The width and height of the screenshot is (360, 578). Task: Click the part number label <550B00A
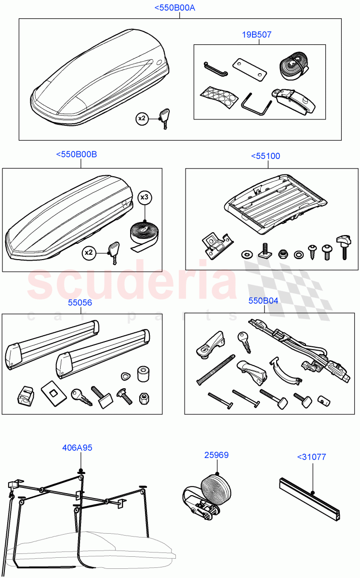point(174,8)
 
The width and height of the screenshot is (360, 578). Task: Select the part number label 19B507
point(256,35)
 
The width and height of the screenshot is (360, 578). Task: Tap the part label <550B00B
point(76,154)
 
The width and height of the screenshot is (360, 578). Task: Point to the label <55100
point(265,156)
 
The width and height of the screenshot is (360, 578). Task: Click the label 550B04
point(263,301)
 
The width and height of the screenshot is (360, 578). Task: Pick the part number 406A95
point(77,447)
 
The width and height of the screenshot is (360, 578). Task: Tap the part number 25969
point(216,455)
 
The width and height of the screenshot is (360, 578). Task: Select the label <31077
point(311,457)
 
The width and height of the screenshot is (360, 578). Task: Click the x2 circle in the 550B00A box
point(142,119)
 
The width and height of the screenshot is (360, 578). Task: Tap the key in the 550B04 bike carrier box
point(243,342)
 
